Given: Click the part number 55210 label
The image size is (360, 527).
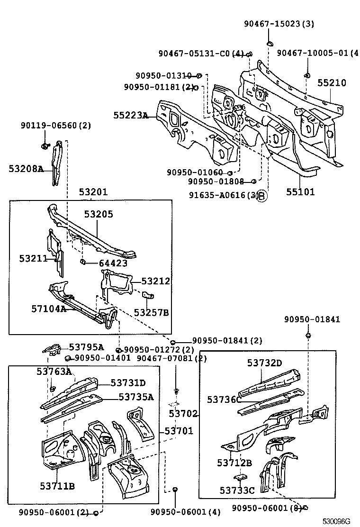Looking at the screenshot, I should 332,83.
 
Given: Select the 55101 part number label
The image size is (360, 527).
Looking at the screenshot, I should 300,192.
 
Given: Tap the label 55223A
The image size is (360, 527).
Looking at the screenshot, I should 130,115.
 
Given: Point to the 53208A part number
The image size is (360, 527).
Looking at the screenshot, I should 26,169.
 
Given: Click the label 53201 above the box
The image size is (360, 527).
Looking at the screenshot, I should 93,192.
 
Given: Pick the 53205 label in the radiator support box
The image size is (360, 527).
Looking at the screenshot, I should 99,214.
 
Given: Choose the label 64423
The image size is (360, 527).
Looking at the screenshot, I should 113,263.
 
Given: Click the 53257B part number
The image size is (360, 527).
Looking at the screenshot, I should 151,312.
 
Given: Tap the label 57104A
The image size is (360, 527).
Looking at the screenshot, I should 49,309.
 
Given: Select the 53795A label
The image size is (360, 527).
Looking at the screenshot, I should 86,347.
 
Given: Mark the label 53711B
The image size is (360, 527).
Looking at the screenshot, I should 57,486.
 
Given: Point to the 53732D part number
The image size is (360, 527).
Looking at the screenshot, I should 264,363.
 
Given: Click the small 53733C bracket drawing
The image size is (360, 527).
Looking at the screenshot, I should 240,477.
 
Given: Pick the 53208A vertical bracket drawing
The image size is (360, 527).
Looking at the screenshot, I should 57,161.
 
